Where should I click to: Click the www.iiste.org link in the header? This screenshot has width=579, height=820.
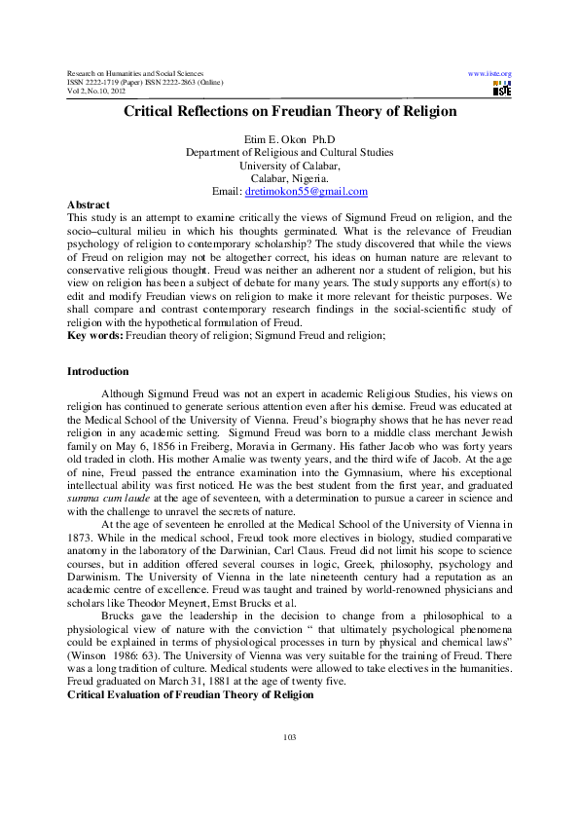click(x=489, y=74)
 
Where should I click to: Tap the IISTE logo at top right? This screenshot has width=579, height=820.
click(x=502, y=90)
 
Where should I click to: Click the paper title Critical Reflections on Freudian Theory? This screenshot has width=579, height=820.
click(x=289, y=112)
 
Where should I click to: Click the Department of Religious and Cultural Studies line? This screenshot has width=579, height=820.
click(x=289, y=153)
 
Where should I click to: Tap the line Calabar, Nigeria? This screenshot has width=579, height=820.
click(x=289, y=179)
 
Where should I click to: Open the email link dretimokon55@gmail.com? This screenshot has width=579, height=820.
click(x=310, y=192)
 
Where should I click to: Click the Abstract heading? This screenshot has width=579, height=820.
click(x=87, y=205)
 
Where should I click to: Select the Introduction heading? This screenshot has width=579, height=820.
click(x=97, y=371)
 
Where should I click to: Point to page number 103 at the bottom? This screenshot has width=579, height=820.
click(x=289, y=764)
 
